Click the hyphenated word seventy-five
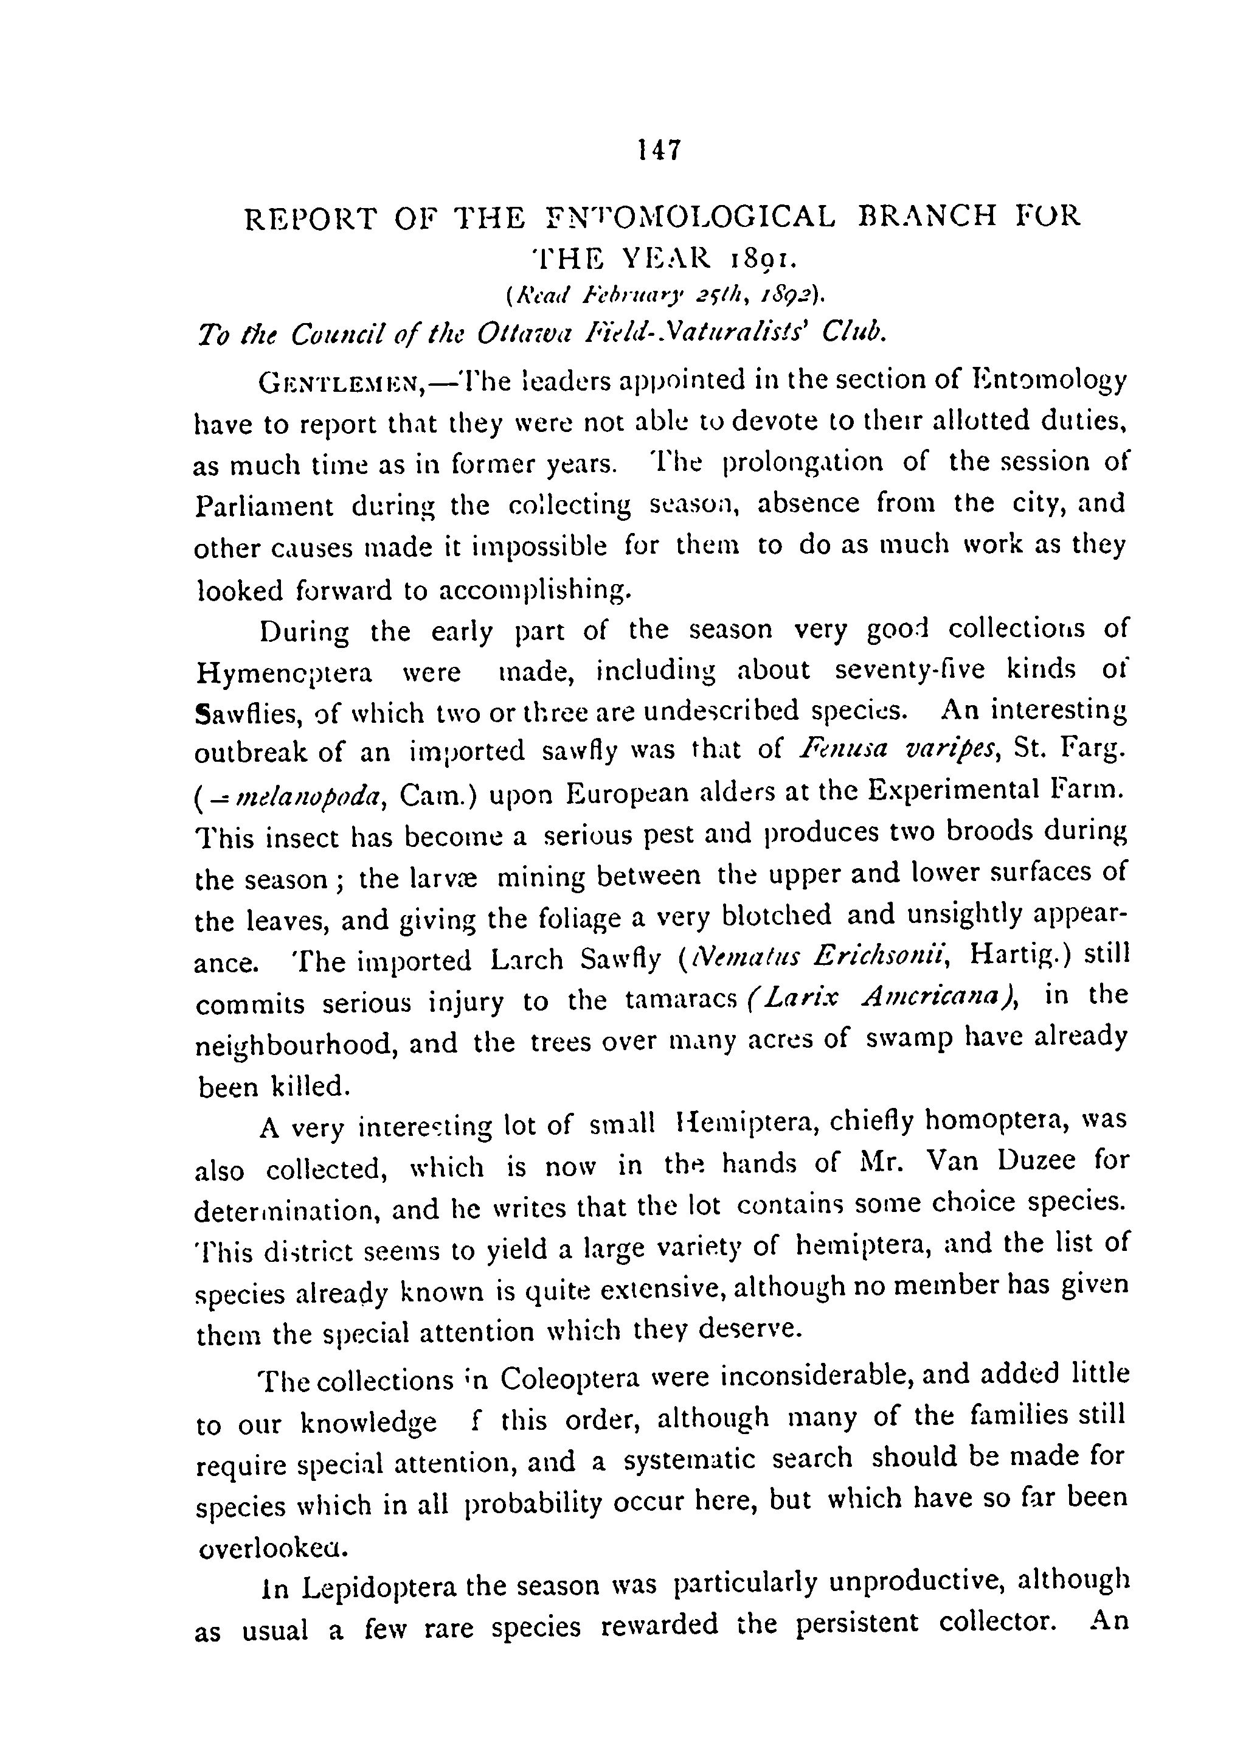(910, 669)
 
